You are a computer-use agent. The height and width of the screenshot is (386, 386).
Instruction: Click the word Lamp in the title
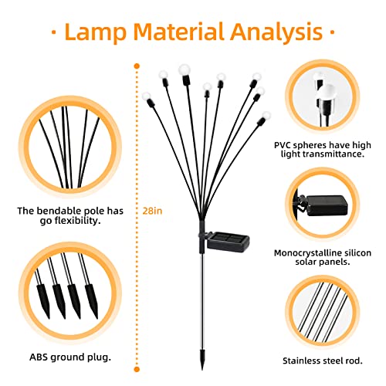point(95,32)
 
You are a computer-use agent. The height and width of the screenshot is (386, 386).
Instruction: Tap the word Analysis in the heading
point(276,32)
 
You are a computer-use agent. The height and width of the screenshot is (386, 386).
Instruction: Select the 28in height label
point(152,211)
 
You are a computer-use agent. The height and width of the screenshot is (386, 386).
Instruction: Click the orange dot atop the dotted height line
point(137,66)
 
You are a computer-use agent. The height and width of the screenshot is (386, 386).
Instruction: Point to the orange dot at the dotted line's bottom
point(137,370)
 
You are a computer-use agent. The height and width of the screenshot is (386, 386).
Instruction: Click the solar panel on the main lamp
point(228,240)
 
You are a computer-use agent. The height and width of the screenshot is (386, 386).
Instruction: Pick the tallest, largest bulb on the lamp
point(185,69)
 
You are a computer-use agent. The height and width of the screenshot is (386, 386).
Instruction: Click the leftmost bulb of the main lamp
point(147,96)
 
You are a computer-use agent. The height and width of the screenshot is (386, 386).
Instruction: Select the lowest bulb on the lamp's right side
point(266,116)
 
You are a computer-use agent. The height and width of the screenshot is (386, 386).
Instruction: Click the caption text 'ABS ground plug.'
point(70,357)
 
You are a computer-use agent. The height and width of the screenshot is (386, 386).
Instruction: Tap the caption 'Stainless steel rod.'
point(323,361)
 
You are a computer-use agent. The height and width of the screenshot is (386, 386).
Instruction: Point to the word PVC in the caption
point(283,145)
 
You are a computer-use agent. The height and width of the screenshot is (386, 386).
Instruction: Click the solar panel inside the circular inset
point(326,205)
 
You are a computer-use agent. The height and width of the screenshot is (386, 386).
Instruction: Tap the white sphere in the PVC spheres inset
point(326,93)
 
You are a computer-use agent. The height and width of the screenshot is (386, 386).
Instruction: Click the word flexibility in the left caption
point(77,221)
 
